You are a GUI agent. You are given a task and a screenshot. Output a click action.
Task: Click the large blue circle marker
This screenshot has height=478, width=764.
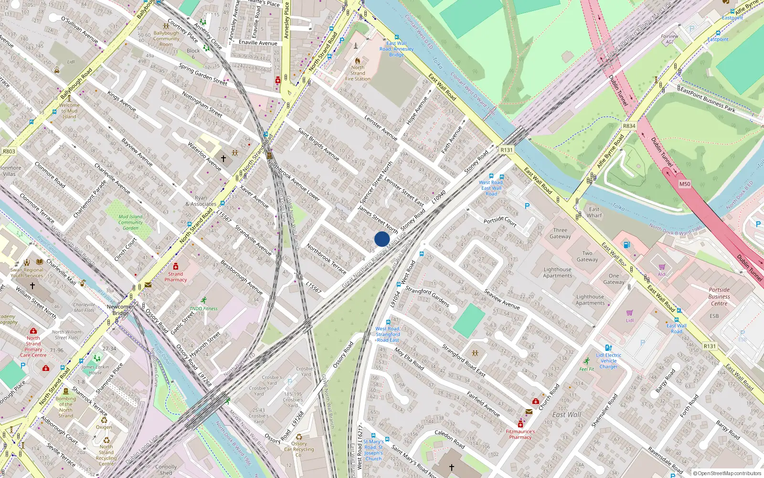point(382,239)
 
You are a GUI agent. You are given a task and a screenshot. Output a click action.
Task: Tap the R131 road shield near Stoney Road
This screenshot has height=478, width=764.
point(506,150)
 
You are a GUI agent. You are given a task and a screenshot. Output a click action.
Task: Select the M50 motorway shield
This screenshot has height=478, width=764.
point(685,184)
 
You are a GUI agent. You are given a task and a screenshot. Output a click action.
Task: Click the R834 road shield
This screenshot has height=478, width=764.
point(629,126)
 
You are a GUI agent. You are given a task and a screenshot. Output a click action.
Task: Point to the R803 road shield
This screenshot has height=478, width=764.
point(9,152)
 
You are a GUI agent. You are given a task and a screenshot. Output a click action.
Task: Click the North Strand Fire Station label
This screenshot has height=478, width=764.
point(358,73)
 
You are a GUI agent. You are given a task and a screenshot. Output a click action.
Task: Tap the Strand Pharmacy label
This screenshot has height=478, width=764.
point(176,277)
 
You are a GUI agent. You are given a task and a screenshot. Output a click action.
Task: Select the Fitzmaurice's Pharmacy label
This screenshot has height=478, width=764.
point(520,434)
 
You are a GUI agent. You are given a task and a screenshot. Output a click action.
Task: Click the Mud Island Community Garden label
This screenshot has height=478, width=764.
point(130,222)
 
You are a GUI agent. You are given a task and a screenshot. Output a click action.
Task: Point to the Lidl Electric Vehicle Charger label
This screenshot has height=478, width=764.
point(609,361)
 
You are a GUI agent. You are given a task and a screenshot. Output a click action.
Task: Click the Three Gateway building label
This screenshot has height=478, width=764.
point(560,233)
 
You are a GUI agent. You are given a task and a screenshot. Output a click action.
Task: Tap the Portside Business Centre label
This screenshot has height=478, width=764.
point(719,296)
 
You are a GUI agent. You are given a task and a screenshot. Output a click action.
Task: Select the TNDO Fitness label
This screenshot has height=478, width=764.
point(204,308)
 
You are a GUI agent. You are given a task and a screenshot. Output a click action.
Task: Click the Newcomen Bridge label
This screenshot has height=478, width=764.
point(121,310)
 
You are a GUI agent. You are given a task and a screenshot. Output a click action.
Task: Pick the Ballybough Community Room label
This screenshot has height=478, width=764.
point(166,39)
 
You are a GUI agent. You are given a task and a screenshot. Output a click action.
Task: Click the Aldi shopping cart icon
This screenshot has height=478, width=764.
point(662,267)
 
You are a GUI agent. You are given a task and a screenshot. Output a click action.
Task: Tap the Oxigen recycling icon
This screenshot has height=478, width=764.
point(104,421)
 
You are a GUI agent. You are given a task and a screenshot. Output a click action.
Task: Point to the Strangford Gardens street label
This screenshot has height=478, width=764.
point(427,296)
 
